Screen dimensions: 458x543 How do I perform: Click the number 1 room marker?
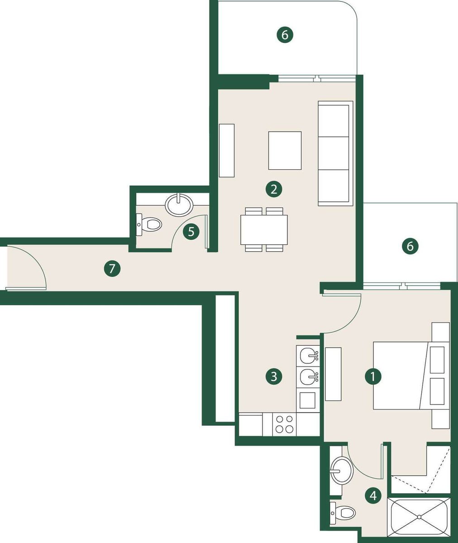tap(373, 376)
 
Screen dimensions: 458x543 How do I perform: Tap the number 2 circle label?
tap(274, 190)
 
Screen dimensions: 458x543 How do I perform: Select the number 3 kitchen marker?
tap(274, 376)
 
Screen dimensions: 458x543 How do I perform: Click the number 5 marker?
tap(191, 231)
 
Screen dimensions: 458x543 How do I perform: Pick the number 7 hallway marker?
tap(112, 268)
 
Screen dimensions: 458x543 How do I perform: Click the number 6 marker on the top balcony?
tap(285, 34)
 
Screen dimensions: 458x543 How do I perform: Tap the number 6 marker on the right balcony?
tap(410, 246)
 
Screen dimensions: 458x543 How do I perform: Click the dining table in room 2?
tap(264, 230)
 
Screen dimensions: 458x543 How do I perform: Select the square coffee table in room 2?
tap(285, 151)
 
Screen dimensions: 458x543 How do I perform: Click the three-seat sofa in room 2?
tap(335, 153)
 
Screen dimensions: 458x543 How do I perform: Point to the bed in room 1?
tap(411, 376)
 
